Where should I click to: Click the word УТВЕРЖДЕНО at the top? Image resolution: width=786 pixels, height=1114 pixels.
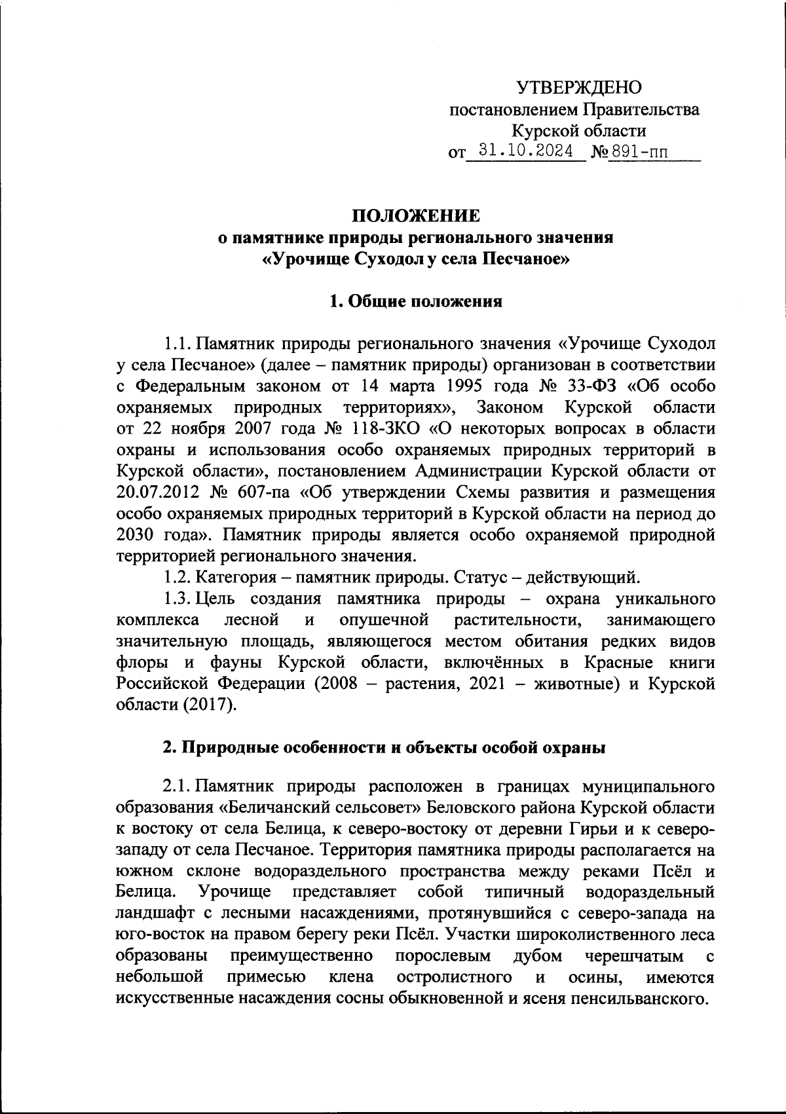tap(580, 88)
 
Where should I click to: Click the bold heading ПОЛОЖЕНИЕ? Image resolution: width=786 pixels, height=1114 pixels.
tap(416, 216)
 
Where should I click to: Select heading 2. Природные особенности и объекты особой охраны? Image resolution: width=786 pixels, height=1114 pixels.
tap(384, 749)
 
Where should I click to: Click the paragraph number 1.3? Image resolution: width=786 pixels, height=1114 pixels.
tap(177, 599)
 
